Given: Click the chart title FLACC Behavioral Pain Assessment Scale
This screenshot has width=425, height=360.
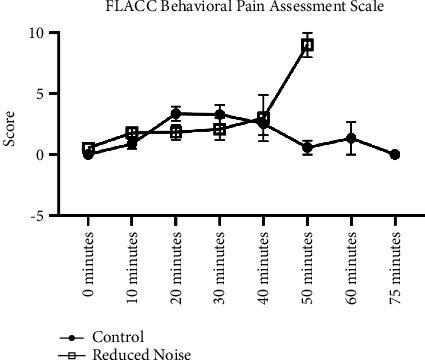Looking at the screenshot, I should coord(236,9).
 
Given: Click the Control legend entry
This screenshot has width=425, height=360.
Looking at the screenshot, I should coord(115,337).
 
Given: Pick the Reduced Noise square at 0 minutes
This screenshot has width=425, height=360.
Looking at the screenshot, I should coord(88,149).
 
